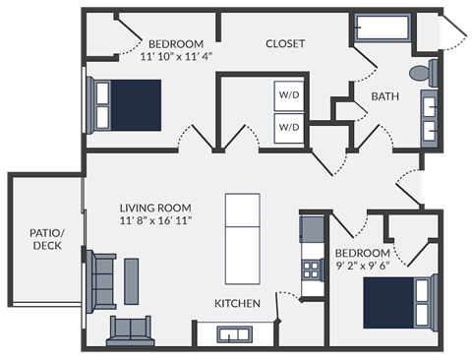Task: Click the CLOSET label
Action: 285,44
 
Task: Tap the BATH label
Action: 384,95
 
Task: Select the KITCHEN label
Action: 238,304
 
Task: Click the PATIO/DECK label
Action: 45,238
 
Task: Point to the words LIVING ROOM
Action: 154,209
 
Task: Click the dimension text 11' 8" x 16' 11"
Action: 155,221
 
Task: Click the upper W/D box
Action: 288,96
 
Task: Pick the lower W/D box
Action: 288,128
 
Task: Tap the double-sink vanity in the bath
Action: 430,115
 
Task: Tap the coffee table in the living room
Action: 132,277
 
